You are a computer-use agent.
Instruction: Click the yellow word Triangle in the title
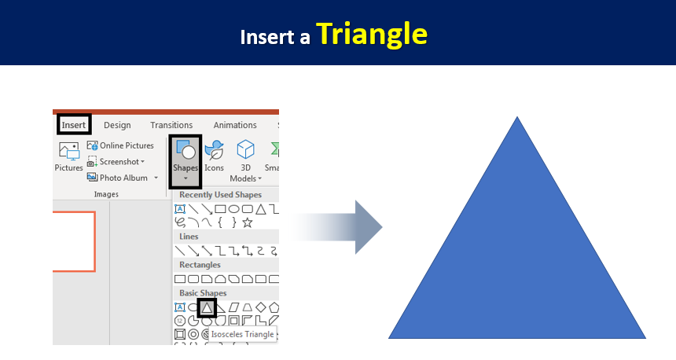click(372, 35)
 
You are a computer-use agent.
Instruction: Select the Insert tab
click(74, 125)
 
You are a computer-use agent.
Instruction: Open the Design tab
click(117, 125)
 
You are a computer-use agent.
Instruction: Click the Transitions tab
click(171, 125)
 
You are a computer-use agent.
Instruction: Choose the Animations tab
click(235, 125)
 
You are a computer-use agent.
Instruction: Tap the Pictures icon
click(69, 152)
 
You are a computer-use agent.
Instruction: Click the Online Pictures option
click(120, 145)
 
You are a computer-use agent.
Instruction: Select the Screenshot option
click(116, 162)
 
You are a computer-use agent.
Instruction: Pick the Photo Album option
click(123, 178)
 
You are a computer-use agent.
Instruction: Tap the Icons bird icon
click(215, 150)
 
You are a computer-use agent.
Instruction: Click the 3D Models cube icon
click(245, 149)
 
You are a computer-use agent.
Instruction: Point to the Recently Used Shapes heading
click(220, 195)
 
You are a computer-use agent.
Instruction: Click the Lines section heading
click(189, 237)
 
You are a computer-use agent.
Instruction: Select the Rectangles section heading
click(200, 265)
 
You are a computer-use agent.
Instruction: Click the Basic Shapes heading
click(203, 293)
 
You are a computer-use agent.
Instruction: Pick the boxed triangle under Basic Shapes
click(207, 308)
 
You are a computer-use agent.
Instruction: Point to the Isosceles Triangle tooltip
click(243, 334)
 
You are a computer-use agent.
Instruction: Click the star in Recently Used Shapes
click(247, 222)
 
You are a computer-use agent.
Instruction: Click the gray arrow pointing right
click(336, 227)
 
